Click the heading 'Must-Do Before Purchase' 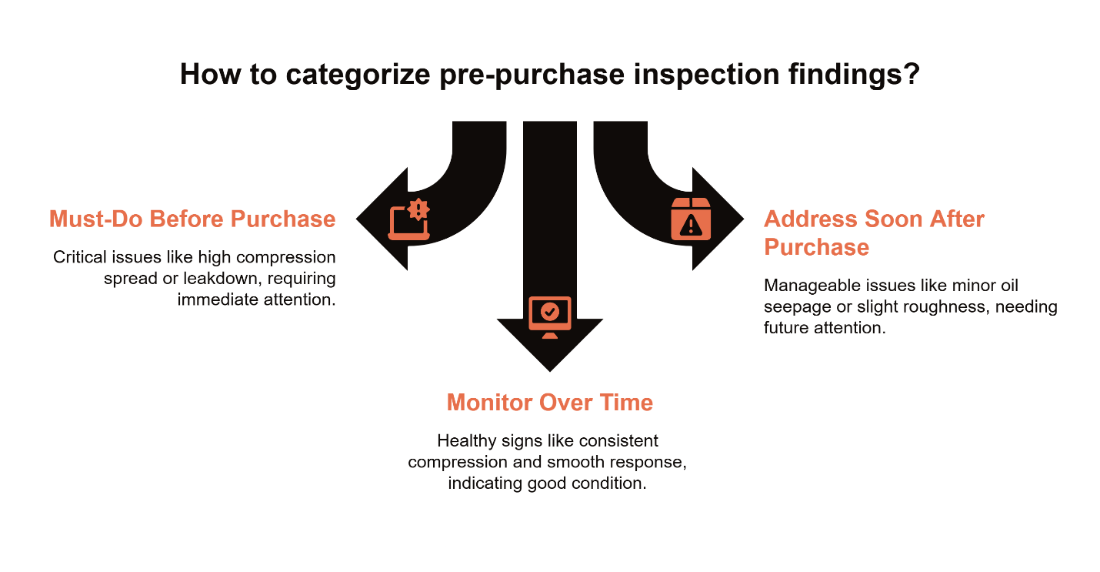(x=192, y=219)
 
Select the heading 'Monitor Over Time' (x=549, y=402)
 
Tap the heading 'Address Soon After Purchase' (x=874, y=232)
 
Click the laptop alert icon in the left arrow (x=408, y=219)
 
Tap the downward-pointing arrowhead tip (x=549, y=369)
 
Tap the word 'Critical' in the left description (x=76, y=257)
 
